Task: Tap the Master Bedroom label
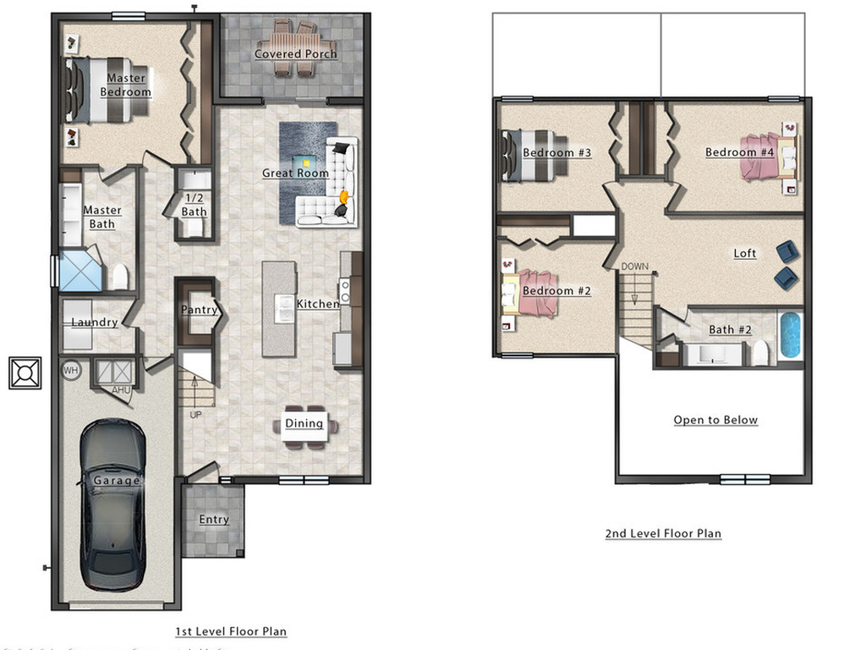pos(126,85)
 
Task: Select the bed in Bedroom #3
pos(528,155)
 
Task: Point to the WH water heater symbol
pos(71,370)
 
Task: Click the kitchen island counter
pos(279,308)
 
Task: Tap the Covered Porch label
pos(296,54)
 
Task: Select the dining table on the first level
pos(304,424)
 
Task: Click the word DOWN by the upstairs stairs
pos(635,267)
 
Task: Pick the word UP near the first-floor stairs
pos(195,415)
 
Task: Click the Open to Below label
pos(715,420)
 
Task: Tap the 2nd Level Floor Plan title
pos(663,533)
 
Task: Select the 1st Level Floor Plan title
pos(231,631)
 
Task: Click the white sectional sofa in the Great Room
pos(330,190)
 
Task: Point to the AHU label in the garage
pos(121,389)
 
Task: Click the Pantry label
pos(200,310)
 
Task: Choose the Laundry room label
pos(94,322)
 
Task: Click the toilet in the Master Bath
pos(120,277)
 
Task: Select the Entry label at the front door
pos(214,520)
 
